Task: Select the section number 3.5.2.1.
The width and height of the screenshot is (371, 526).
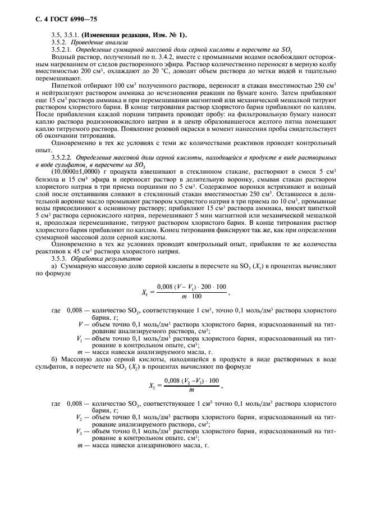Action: tap(63, 50)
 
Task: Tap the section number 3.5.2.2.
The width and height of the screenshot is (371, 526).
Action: tap(63, 158)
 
